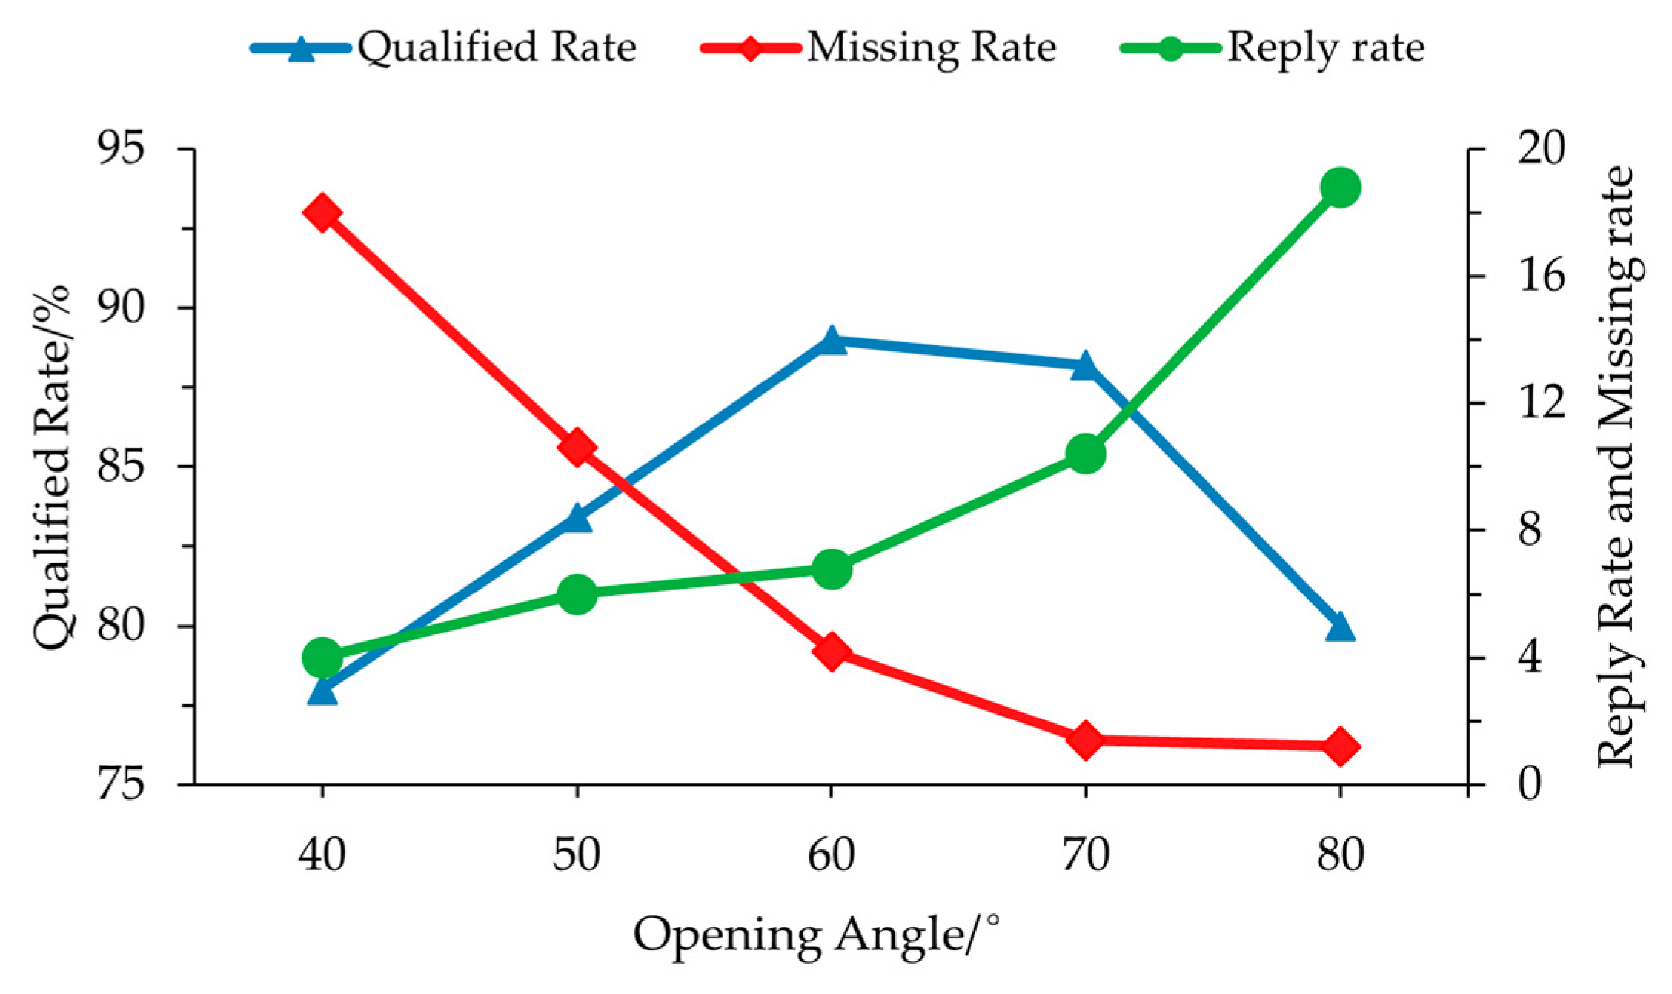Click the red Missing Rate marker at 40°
coord(322,213)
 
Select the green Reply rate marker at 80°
coord(1340,188)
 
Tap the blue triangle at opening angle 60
coord(831,341)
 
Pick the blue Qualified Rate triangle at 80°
coord(1340,627)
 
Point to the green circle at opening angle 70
coord(1086,454)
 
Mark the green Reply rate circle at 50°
coord(577,593)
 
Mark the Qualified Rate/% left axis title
coord(52,467)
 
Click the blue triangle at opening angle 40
coord(322,691)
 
